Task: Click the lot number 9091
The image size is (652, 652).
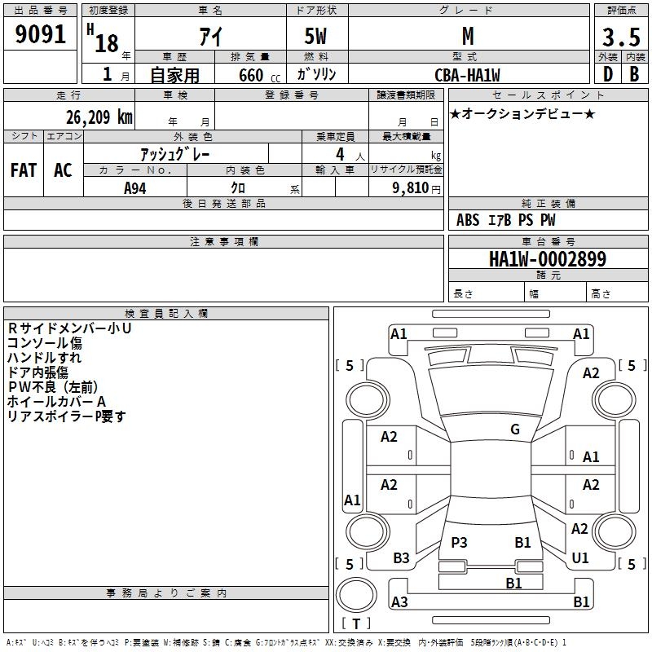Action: tap(41, 36)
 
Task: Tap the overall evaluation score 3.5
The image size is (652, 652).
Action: tap(620, 37)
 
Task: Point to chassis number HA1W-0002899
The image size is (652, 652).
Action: tap(547, 260)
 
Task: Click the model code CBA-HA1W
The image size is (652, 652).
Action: tap(467, 75)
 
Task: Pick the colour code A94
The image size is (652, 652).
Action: tap(135, 187)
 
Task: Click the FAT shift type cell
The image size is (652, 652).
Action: tap(23, 170)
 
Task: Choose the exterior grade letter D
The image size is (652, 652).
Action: tap(607, 74)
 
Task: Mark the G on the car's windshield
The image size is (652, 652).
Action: tap(515, 430)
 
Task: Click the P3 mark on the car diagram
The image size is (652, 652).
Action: tap(459, 542)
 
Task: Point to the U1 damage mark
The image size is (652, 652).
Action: tap(580, 558)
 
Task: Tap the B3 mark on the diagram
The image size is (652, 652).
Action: tap(401, 558)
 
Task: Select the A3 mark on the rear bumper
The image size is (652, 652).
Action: tap(399, 601)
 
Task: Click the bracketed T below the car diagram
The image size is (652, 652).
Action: tap(355, 623)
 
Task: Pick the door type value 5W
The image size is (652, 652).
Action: tap(316, 37)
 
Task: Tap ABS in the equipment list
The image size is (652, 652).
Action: tap(468, 220)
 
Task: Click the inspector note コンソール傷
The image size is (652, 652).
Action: tap(44, 343)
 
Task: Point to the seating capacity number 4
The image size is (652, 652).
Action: tap(340, 154)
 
